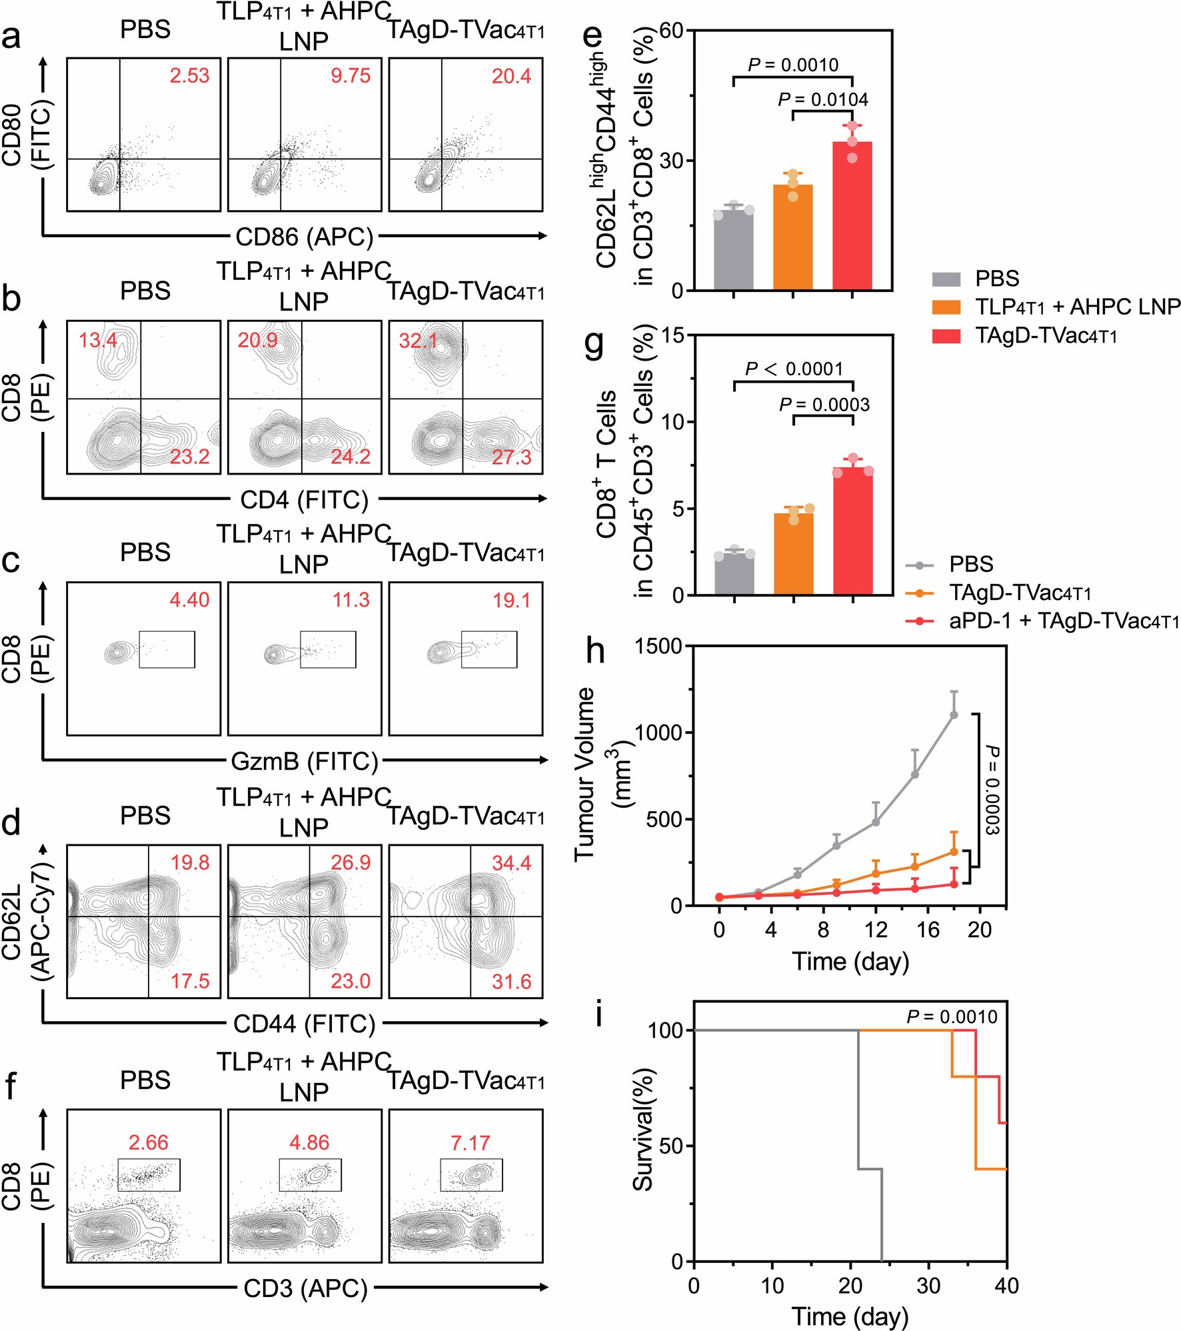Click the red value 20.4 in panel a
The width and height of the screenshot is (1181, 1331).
point(511,77)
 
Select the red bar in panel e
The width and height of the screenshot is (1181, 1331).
point(852,217)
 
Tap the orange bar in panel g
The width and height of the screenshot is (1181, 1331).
point(793,553)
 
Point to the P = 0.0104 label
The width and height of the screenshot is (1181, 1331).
point(823,100)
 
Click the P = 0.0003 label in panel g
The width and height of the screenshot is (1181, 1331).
point(824,405)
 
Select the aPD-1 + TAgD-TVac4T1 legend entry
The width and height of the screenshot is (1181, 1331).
point(1064,621)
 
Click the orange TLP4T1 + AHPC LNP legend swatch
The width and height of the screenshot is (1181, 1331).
point(946,307)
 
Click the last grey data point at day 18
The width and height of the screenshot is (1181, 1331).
point(954,714)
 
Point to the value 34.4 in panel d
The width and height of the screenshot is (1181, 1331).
point(511,863)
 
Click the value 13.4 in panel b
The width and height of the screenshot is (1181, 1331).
point(98,341)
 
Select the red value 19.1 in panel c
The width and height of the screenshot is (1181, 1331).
point(511,601)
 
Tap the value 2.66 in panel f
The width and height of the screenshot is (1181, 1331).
point(148,1142)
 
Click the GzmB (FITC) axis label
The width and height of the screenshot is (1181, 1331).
point(304,761)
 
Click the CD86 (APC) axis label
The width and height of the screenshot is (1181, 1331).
point(304,237)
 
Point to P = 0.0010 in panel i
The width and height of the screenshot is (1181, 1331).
point(952,1017)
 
